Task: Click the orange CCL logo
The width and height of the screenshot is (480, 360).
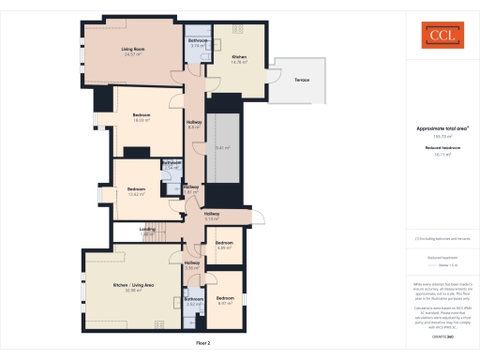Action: pyautogui.click(x=434, y=37)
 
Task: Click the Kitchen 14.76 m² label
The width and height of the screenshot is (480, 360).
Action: pyautogui.click(x=239, y=59)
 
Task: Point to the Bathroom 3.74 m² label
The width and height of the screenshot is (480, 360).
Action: pyautogui.click(x=198, y=43)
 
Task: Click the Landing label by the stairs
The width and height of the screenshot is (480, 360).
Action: pyautogui.click(x=147, y=231)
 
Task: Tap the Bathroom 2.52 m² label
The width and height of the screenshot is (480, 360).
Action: pyautogui.click(x=194, y=302)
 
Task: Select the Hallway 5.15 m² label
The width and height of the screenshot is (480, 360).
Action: pyautogui.click(x=213, y=217)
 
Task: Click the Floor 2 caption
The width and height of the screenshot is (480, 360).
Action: pyautogui.click(x=203, y=344)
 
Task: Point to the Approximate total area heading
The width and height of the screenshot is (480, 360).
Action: pyautogui.click(x=434, y=128)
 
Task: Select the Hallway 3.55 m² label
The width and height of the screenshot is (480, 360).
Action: pyautogui.click(x=191, y=265)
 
